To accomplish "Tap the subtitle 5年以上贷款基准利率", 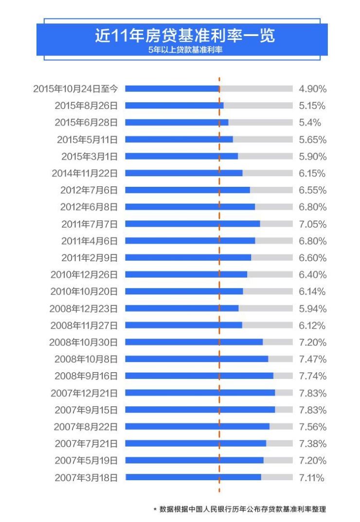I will (x=185, y=50).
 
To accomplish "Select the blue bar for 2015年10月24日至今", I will (x=172, y=89).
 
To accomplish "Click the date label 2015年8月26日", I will (x=86, y=106).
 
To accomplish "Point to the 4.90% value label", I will (x=312, y=89).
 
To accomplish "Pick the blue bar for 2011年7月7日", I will (x=193, y=224).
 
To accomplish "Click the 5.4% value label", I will (x=310, y=123).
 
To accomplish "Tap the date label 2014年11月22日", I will (x=85, y=173).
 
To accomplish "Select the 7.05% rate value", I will (x=312, y=224).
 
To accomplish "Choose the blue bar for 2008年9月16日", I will (x=199, y=376).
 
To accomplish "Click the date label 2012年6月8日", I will (x=89, y=207).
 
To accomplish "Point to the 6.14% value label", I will (x=312, y=291).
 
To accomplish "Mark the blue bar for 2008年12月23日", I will (x=182, y=308).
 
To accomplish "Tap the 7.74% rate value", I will (x=312, y=376).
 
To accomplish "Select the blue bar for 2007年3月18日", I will (x=193, y=477).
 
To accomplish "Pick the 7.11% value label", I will (x=312, y=477).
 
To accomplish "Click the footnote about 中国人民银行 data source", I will (x=239, y=509).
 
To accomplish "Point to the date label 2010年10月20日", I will (x=84, y=291).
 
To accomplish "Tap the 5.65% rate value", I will (x=312, y=140).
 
